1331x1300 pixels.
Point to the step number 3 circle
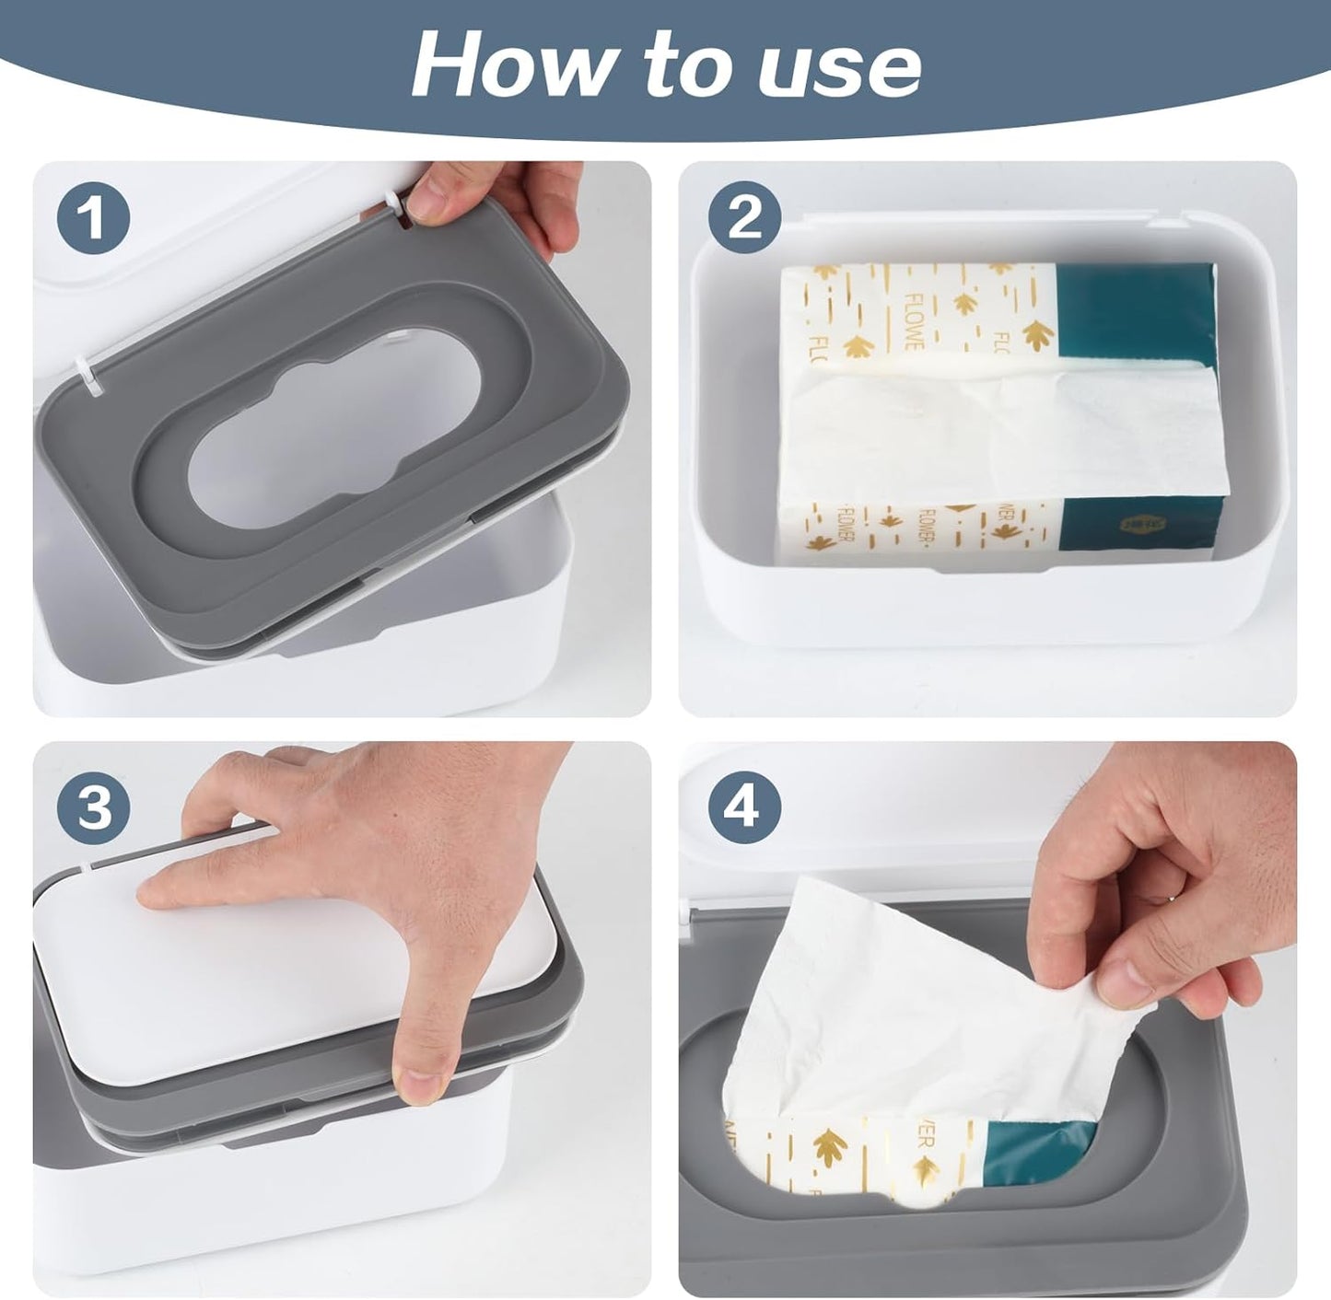[x=93, y=807]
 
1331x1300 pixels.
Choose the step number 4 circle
[x=744, y=807]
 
